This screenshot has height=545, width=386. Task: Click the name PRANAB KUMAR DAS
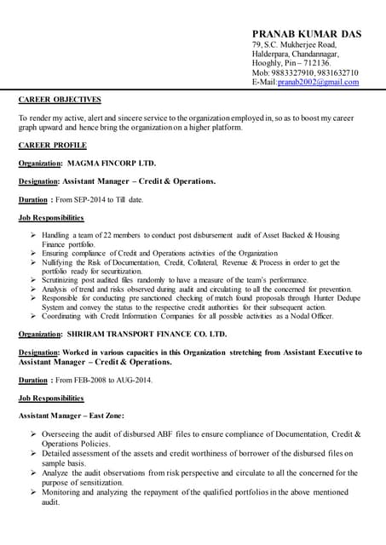pyautogui.click(x=306, y=33)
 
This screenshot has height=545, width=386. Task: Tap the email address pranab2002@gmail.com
pyautogui.click(x=318, y=83)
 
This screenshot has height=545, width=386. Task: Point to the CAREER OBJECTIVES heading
pyautogui.click(x=60, y=100)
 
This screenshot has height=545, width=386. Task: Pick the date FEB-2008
pyautogui.click(x=91, y=380)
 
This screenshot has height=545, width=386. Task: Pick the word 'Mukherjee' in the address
pyautogui.click(x=301, y=44)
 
